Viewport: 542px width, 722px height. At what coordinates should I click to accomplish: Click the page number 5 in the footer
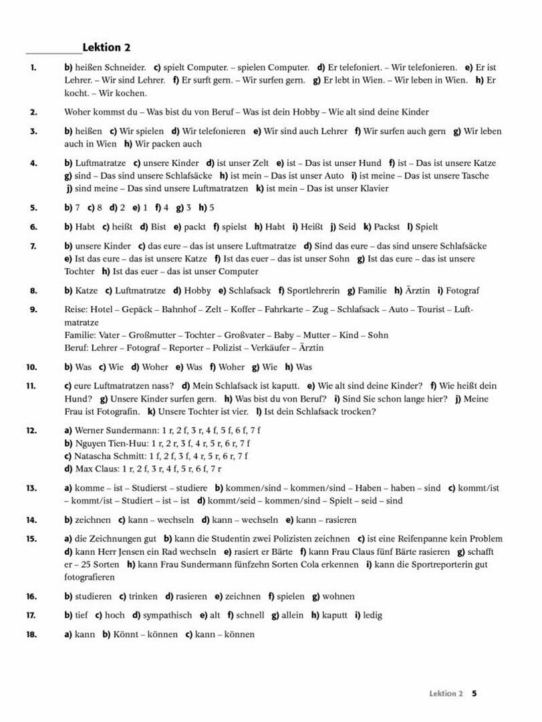tap(474, 693)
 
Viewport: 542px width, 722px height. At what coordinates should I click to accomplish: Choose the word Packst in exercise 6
tap(388, 227)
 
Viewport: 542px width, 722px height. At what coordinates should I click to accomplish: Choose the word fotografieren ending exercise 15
tap(91, 577)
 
